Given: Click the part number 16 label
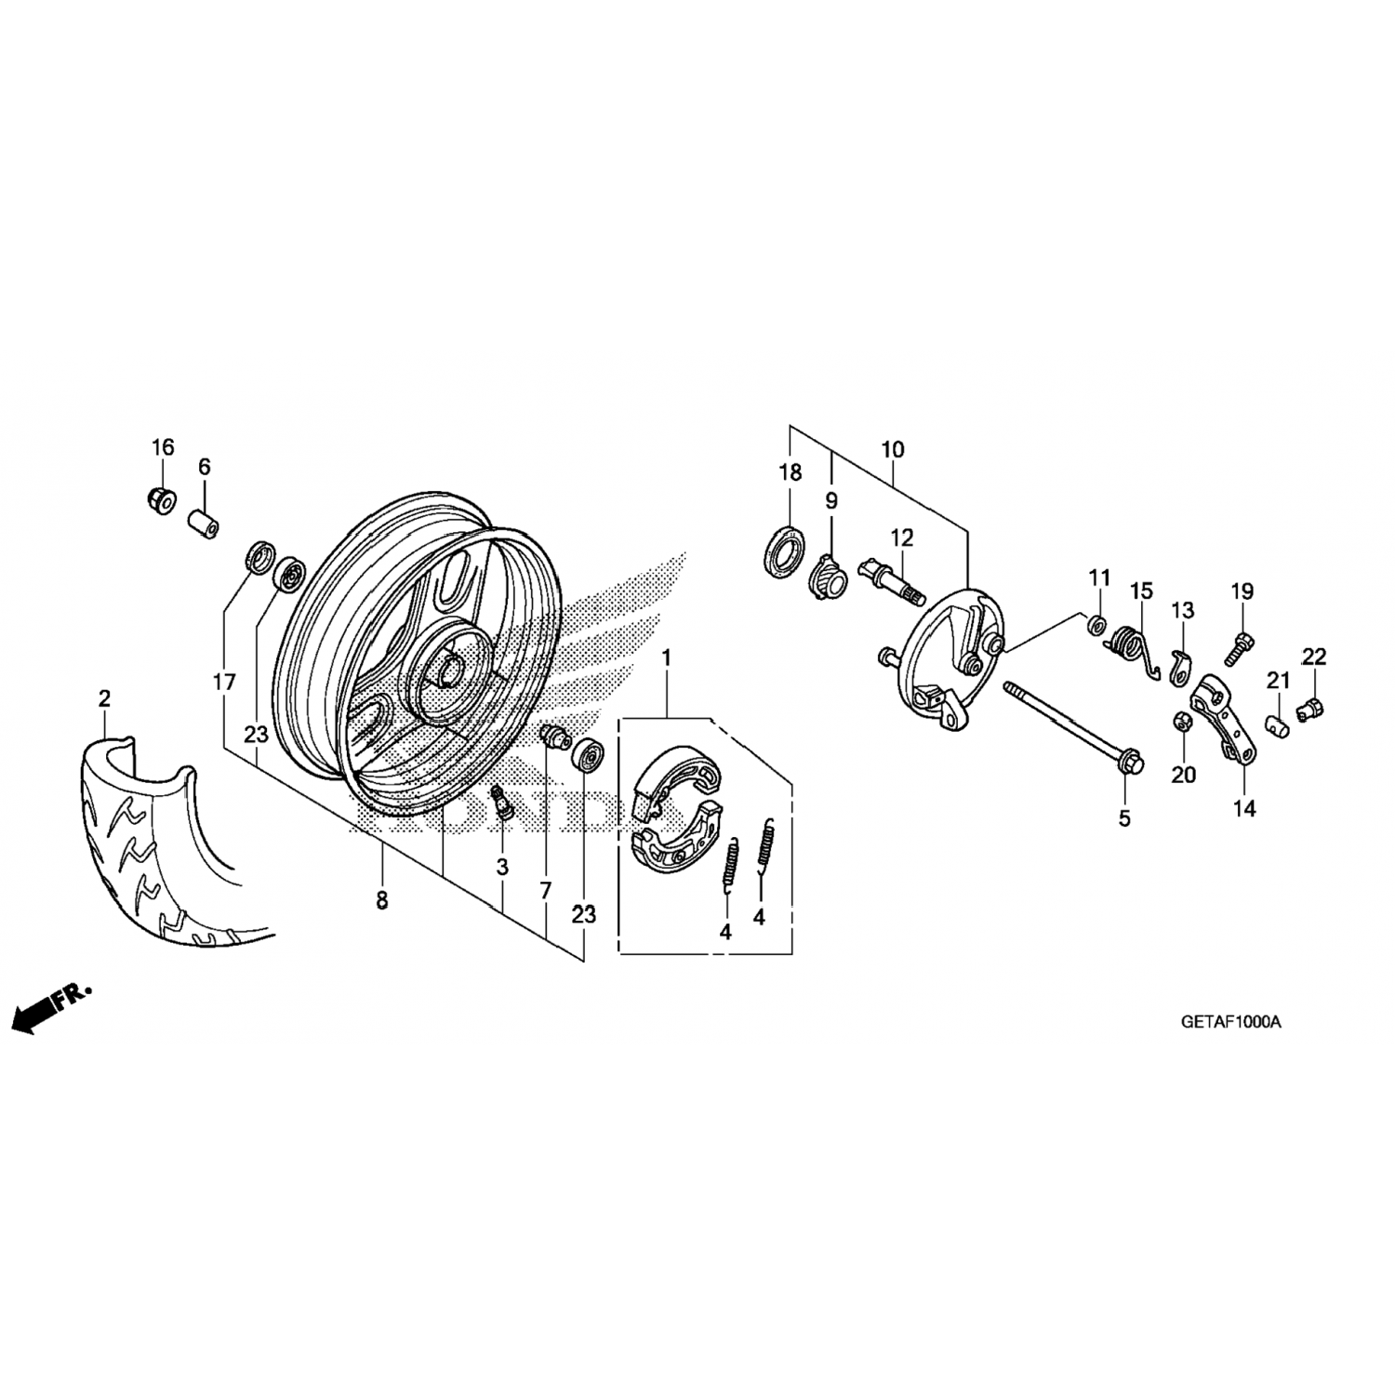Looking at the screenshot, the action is point(163,447).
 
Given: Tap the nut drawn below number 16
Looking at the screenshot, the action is point(161,500).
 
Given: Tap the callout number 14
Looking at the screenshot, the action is point(1244,809).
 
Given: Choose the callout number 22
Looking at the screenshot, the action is point(1313,658).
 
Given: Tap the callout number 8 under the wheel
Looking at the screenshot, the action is point(381,901).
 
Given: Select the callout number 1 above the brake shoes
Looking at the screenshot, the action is point(666,659).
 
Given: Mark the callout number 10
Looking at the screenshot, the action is point(892,450).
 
